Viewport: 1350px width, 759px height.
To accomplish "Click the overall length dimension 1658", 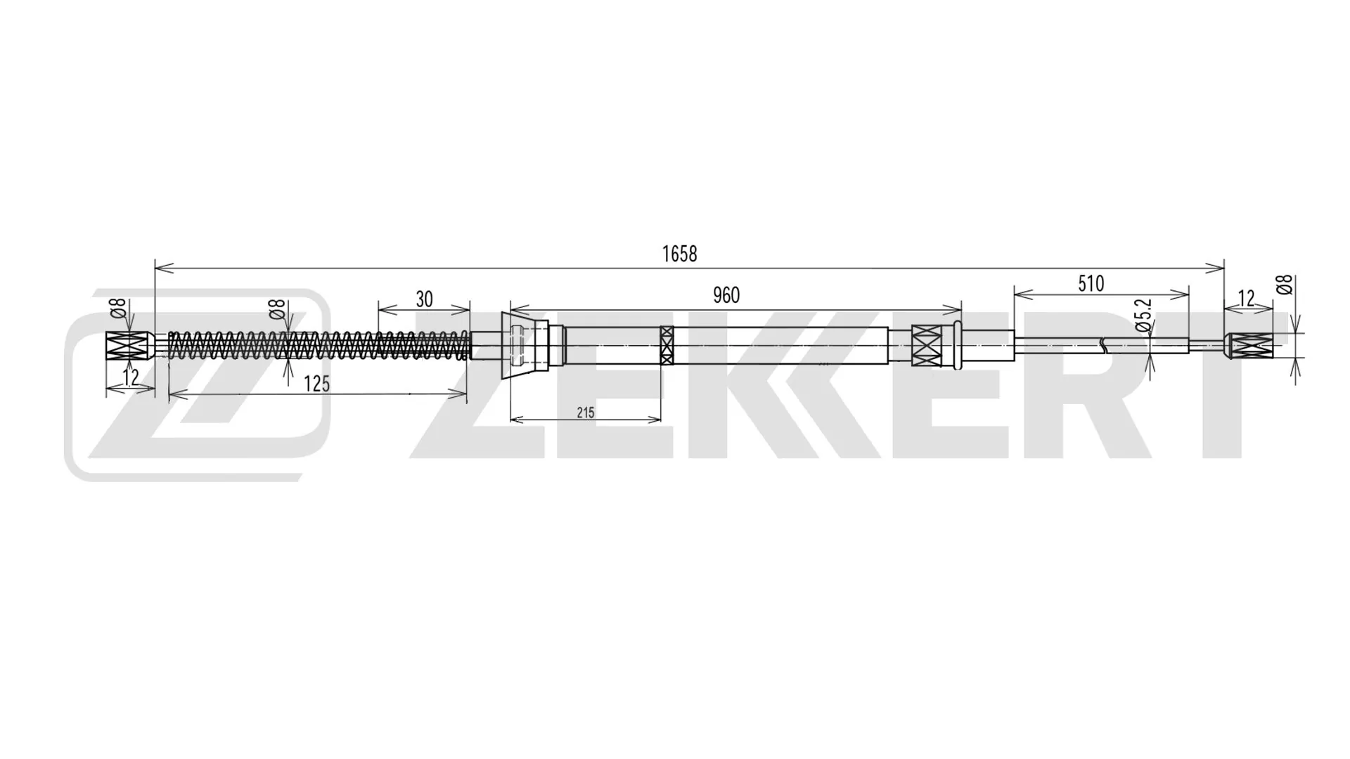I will coord(679,254).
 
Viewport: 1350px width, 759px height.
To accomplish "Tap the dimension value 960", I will coord(726,295).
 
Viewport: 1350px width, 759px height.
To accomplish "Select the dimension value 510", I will coord(1091,284).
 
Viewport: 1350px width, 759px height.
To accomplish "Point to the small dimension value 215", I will coord(585,413).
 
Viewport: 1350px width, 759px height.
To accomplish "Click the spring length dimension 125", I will coord(316,384).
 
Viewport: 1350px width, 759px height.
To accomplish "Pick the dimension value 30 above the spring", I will coord(424,299).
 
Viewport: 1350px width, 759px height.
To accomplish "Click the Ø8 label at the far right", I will coord(1284,285).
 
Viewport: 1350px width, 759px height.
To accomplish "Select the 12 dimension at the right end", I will coord(1246,299).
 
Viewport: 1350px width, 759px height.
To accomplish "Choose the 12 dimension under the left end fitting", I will coord(130,377).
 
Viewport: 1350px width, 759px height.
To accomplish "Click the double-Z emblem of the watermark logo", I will coord(197,383).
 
